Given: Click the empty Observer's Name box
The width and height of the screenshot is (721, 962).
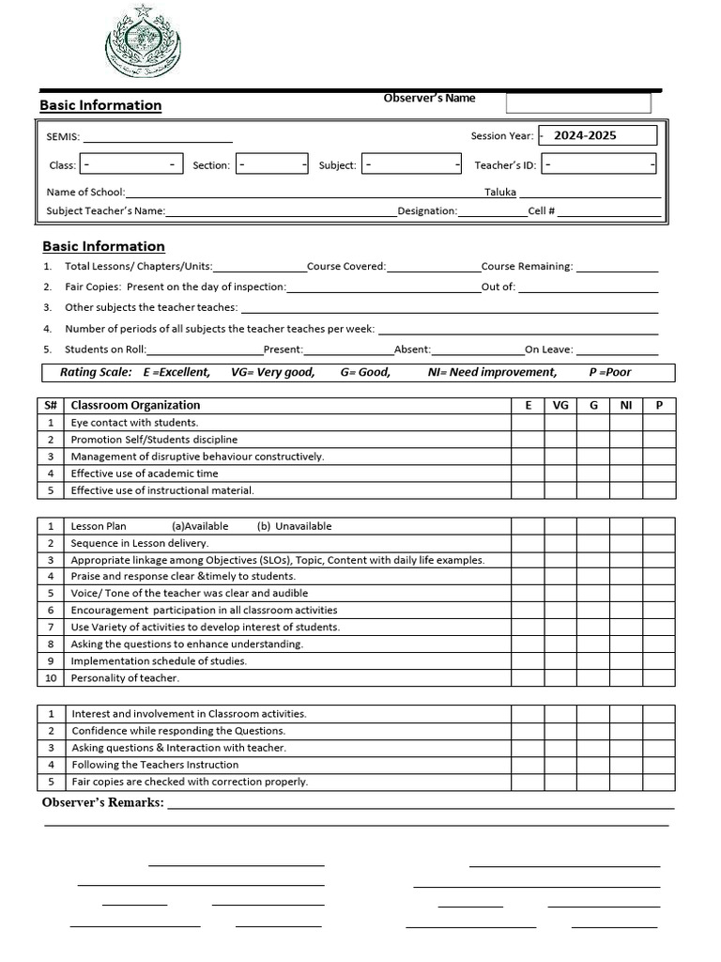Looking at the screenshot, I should (578, 102).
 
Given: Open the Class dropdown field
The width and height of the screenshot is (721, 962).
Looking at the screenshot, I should (130, 164).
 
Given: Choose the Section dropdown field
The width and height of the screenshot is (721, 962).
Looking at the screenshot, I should (272, 164).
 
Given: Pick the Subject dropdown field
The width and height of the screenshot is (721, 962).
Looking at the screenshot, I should (411, 164).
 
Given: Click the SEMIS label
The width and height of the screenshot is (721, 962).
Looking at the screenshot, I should (63, 136).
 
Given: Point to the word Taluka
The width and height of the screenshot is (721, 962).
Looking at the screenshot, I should (500, 192).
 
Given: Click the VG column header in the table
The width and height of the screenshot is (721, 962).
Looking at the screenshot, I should (560, 406).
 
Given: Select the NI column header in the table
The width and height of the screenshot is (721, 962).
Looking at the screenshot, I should (626, 406).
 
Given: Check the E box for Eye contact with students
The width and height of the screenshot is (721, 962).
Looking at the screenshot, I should (529, 423).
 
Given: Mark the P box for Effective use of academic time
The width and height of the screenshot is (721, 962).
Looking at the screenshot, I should (659, 473).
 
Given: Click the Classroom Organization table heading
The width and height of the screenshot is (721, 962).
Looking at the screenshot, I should (135, 406).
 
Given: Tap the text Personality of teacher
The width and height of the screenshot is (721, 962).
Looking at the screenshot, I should (125, 678).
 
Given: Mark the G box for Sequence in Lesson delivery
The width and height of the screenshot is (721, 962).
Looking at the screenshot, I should (593, 543).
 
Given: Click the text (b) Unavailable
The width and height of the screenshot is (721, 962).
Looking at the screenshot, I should (294, 526).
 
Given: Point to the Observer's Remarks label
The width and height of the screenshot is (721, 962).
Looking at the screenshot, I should (103, 802).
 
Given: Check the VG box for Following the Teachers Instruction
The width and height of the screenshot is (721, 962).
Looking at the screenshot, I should (560, 765).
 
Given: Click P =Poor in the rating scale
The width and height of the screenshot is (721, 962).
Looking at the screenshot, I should (610, 372).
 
